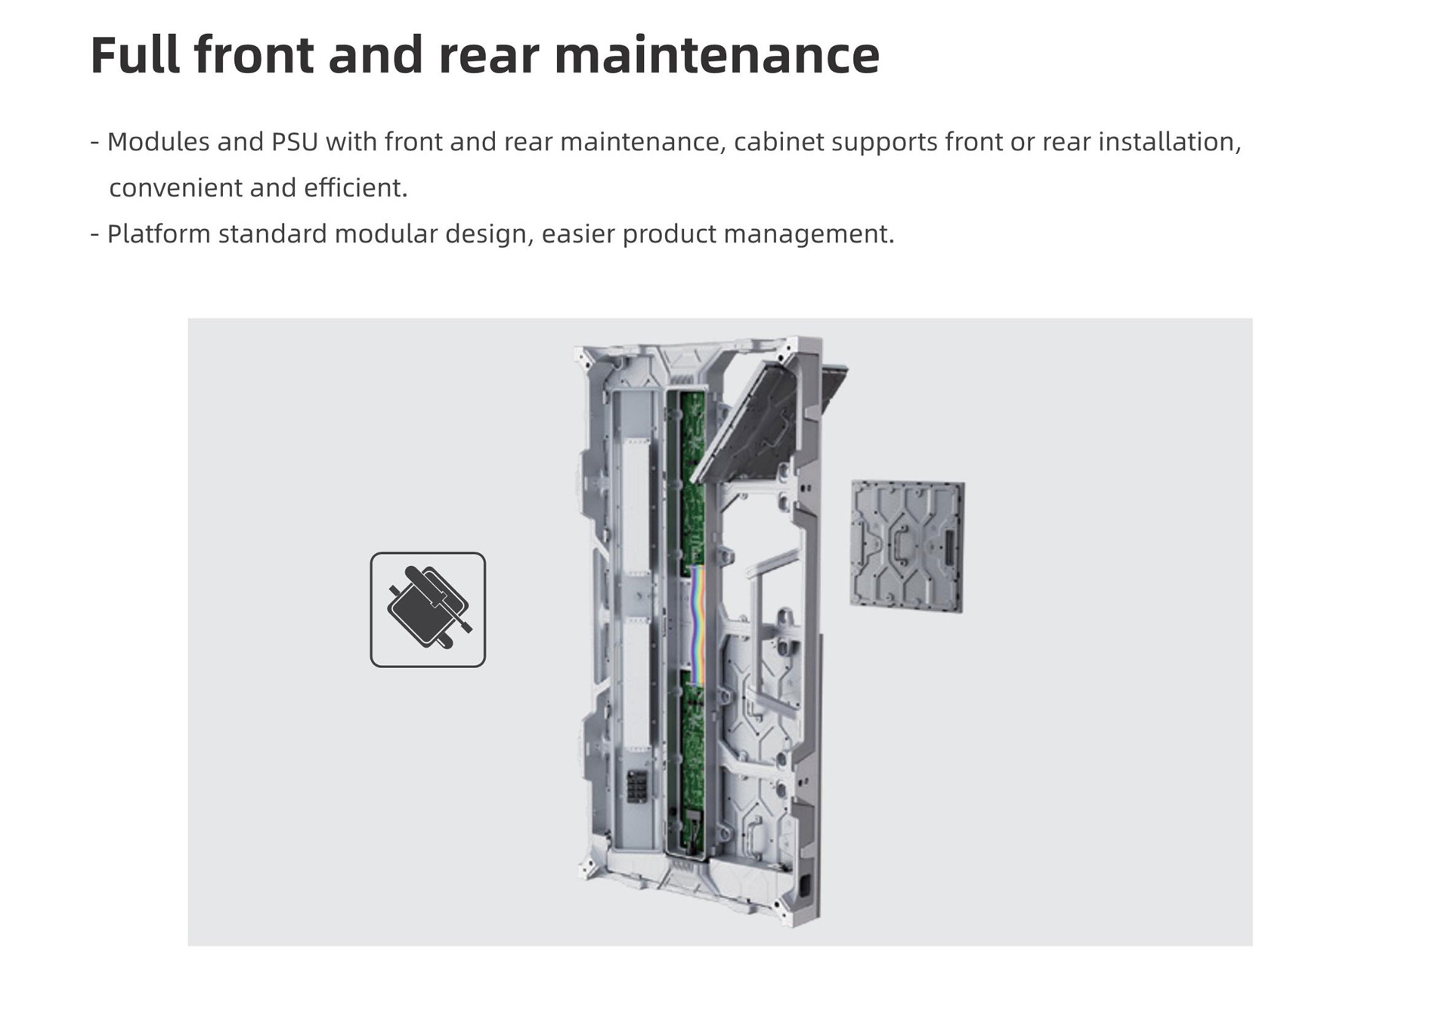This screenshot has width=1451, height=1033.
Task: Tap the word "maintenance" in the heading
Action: [717, 54]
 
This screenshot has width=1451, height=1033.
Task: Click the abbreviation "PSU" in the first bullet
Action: [295, 141]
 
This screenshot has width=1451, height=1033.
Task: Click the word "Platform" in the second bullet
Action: [158, 234]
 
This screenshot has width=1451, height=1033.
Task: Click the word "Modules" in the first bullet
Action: [158, 141]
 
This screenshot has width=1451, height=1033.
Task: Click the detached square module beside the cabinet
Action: [907, 546]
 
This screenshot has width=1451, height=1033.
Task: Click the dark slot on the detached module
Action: [949, 546]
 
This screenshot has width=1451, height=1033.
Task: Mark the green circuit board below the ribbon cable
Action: [694, 763]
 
